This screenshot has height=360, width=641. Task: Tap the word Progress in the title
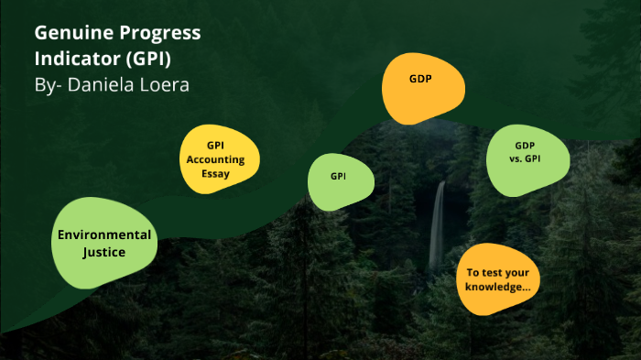click(x=157, y=35)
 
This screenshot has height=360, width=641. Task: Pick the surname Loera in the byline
click(x=167, y=85)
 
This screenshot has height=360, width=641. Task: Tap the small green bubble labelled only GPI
click(x=339, y=176)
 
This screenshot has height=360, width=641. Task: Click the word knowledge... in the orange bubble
click(x=498, y=287)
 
